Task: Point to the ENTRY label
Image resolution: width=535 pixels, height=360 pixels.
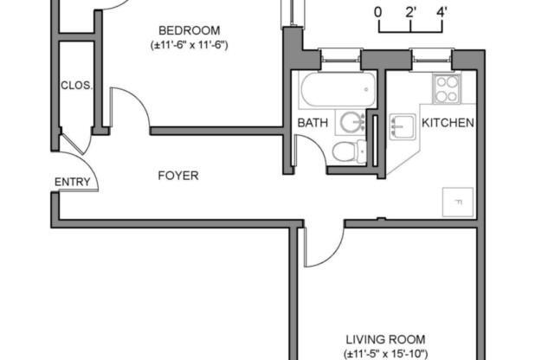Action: tap(72, 182)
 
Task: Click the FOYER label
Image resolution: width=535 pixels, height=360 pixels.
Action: tap(177, 176)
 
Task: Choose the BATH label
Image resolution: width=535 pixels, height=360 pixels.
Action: tap(313, 123)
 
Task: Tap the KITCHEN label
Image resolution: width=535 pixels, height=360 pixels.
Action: tap(448, 123)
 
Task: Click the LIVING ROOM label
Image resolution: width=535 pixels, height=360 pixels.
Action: tap(384, 339)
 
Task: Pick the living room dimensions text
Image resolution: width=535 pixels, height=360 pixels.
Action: tap(386, 353)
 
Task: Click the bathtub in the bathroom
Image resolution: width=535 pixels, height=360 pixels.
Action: tap(337, 87)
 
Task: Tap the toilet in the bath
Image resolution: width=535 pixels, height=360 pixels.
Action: tap(348, 152)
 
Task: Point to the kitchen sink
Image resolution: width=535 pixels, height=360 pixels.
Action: tap(403, 127)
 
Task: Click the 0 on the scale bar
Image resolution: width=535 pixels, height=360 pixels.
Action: tap(378, 12)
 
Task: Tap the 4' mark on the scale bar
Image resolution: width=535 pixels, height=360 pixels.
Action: tap(442, 12)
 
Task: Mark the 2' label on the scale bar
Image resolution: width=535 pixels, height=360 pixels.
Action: tap(409, 12)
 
